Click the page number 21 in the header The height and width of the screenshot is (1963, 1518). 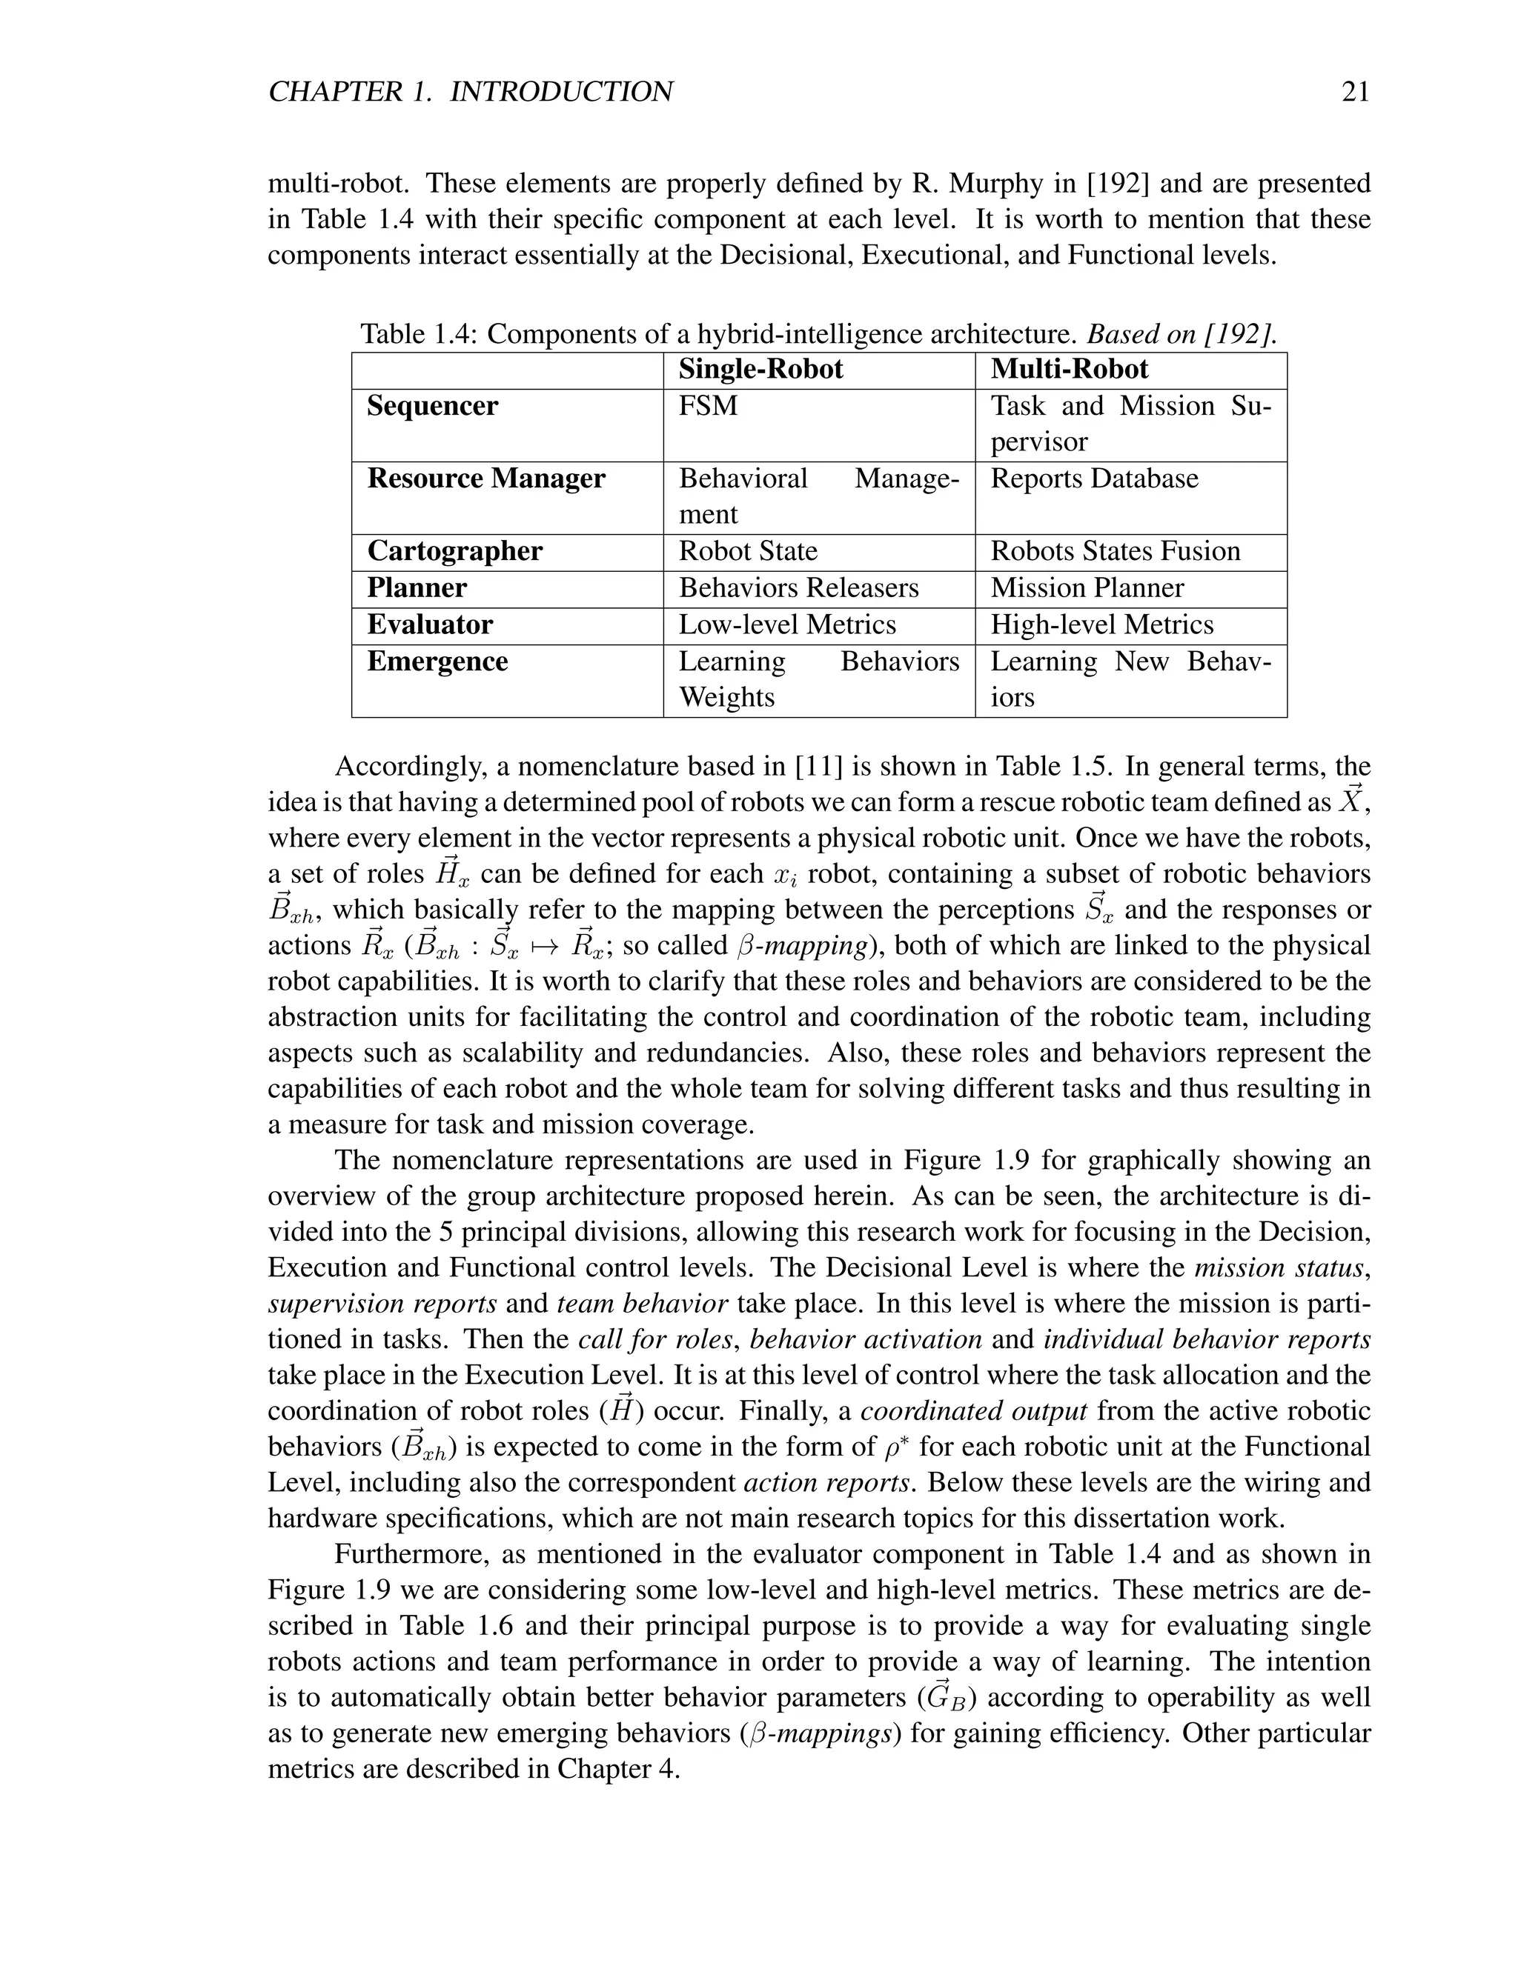point(1354,92)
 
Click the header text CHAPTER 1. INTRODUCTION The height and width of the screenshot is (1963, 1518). point(471,92)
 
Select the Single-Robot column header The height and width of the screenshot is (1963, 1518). point(760,370)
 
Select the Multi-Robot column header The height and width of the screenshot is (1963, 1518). point(1070,370)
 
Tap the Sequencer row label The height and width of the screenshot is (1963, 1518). point(431,406)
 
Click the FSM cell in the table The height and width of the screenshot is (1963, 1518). point(708,406)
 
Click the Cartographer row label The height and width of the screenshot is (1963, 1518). point(454,552)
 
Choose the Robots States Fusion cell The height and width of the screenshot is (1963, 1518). point(1115,552)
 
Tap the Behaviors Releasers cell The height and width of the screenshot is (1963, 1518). point(798,589)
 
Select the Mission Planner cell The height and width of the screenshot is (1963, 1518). point(1087,589)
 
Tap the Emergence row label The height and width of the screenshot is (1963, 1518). point(437,662)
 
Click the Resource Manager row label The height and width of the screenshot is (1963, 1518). point(485,479)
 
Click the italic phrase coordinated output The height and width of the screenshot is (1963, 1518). point(974,1411)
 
